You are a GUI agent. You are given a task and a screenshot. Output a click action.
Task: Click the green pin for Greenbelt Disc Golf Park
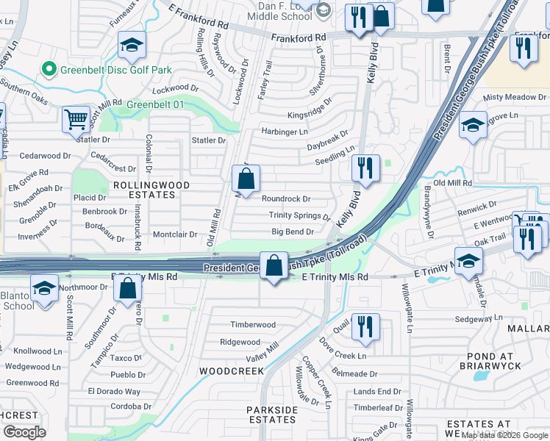[49, 70]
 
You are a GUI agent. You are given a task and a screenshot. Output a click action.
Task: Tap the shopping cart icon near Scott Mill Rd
[76, 120]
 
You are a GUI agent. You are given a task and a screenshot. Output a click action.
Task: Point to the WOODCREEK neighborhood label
[231, 371]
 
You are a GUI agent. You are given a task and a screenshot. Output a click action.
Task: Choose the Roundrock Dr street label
[286, 198]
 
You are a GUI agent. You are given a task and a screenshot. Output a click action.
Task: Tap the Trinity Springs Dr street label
[299, 215]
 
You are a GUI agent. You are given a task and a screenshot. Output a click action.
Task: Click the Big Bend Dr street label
[293, 232]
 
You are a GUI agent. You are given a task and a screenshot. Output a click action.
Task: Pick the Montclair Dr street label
[174, 234]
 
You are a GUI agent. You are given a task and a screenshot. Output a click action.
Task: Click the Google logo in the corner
[24, 431]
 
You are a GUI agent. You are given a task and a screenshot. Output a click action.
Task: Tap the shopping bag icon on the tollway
[274, 267]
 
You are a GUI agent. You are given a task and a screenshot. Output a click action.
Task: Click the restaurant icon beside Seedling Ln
[365, 168]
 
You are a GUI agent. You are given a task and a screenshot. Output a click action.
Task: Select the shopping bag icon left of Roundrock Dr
[246, 179]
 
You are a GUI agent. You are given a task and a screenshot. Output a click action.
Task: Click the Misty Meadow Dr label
[514, 97]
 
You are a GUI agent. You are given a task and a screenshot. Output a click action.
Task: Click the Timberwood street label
[253, 325]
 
